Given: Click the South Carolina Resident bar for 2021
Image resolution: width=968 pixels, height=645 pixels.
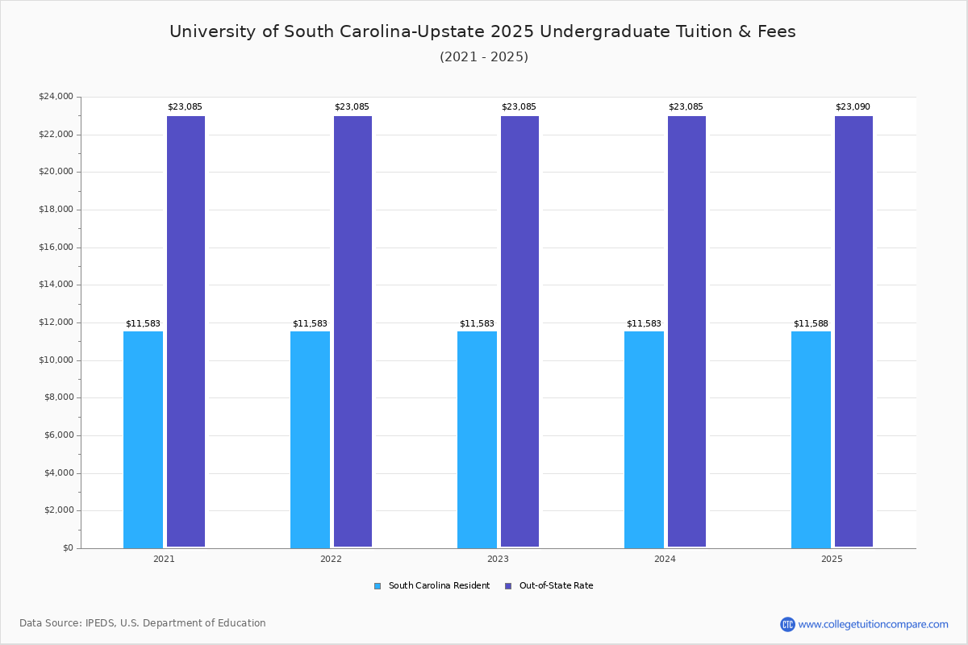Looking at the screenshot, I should [143, 439].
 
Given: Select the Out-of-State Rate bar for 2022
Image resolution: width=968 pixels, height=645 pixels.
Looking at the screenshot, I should [353, 331].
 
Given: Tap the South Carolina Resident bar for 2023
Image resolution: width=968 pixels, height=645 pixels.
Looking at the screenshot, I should [477, 439].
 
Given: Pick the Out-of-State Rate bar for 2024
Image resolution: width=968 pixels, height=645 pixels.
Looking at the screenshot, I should [686, 331].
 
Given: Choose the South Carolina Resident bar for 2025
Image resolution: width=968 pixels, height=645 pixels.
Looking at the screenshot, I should [811, 439].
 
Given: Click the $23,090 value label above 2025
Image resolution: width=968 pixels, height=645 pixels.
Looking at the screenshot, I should [853, 106].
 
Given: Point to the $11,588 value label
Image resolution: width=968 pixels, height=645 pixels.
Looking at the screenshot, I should [811, 323].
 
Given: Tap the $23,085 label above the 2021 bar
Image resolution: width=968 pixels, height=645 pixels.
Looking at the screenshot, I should [185, 106].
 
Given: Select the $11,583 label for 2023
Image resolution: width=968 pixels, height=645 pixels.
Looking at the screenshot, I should [477, 323].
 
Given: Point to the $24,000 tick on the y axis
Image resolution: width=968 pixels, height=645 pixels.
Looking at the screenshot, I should [56, 97].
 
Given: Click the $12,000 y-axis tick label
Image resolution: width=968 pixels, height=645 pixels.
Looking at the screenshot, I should [56, 322].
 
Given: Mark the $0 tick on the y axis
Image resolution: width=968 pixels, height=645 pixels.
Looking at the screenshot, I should [67, 548].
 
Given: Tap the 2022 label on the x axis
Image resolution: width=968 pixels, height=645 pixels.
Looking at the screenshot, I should [331, 559].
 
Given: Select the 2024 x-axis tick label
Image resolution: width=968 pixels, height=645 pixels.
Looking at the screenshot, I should [665, 559].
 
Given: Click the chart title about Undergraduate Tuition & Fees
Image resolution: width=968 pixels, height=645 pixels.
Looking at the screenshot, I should [482, 31].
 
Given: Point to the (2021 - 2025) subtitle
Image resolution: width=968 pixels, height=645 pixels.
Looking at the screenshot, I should [484, 57].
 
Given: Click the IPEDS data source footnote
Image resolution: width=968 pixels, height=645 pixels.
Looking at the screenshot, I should [143, 623].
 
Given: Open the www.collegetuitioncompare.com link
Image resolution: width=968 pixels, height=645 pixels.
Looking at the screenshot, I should [873, 624].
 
